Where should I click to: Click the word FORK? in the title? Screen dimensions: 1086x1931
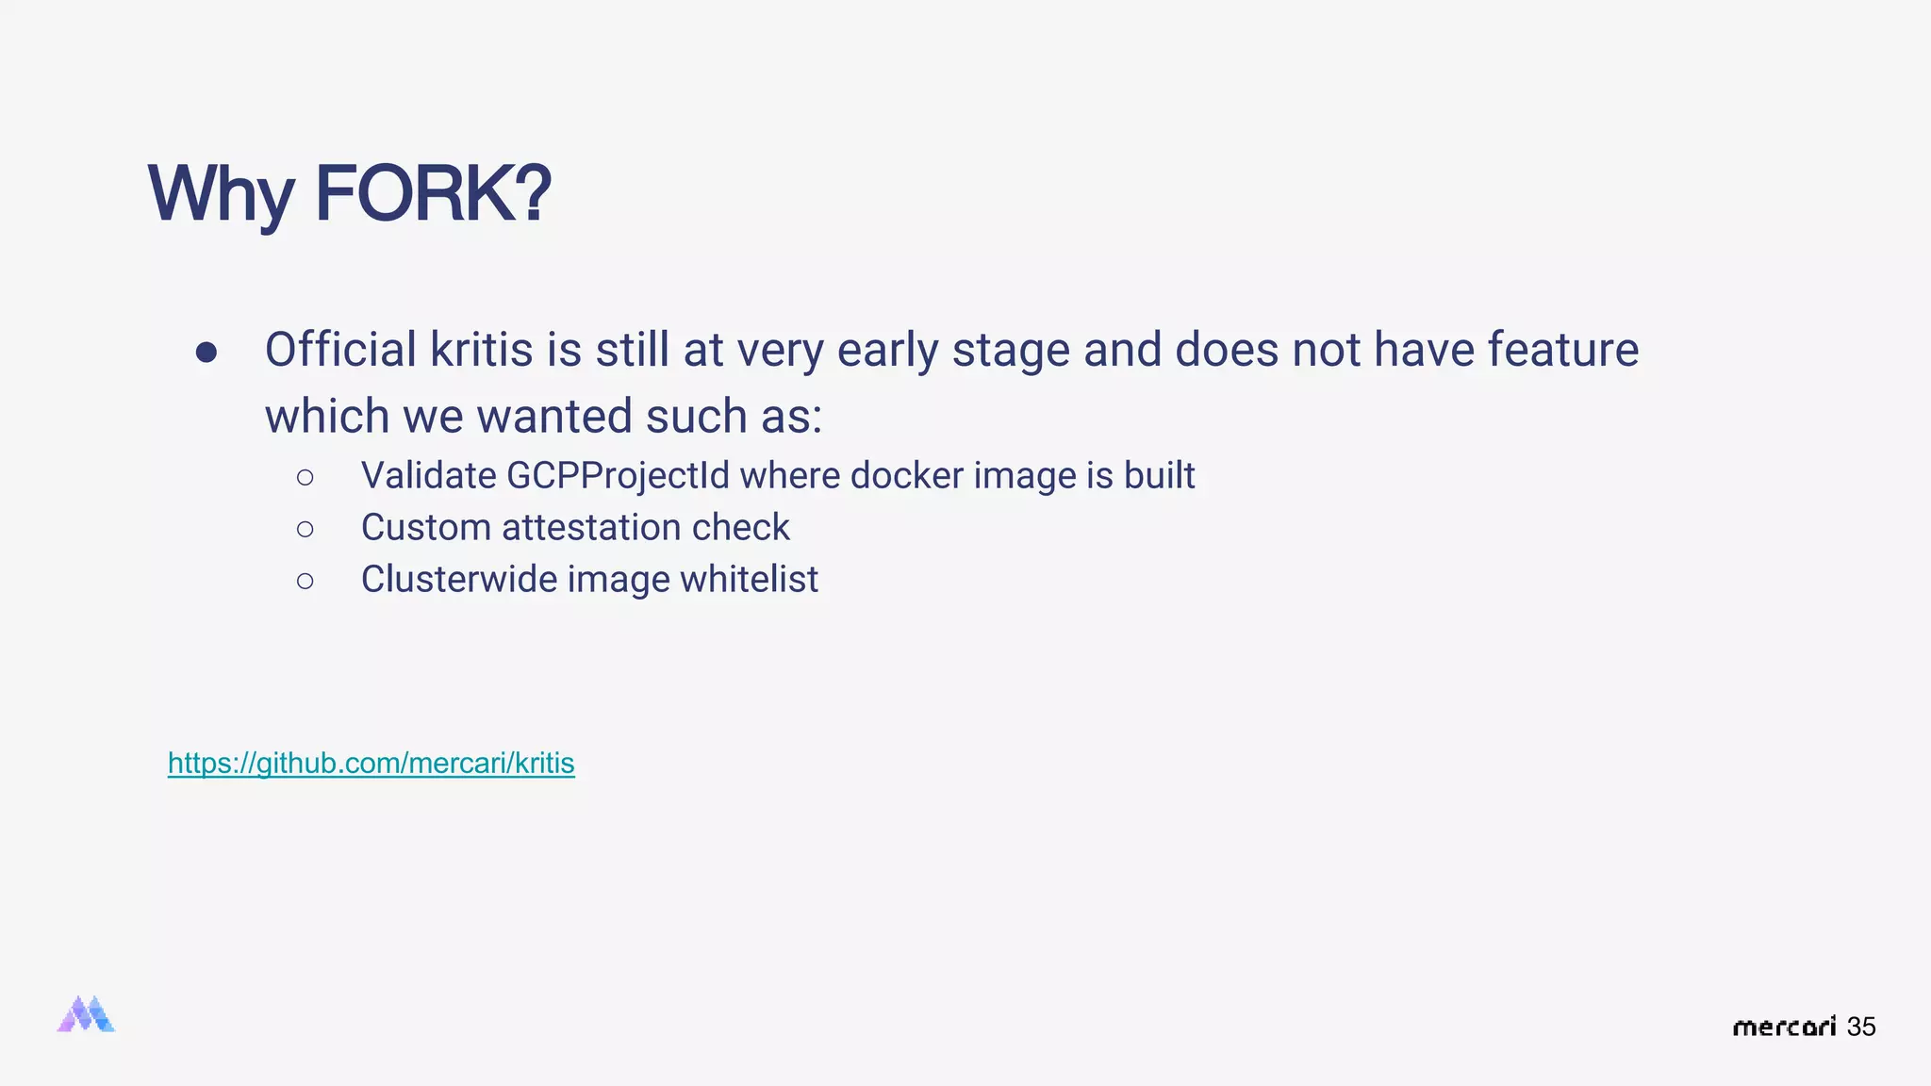click(433, 194)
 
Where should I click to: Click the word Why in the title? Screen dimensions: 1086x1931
click(221, 194)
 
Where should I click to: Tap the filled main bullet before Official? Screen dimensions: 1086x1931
click(206, 353)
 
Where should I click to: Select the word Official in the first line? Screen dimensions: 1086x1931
click(340, 350)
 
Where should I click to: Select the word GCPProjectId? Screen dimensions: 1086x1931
click(618, 476)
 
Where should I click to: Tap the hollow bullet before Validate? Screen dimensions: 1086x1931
click(305, 478)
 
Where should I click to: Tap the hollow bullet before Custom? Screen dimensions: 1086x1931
click(305, 530)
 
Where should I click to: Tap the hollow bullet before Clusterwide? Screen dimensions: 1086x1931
click(305, 582)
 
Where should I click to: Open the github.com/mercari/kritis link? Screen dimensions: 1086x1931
click(371, 763)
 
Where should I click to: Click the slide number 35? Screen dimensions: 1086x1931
click(1861, 1027)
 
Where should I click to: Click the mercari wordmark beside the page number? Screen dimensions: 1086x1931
click(1784, 1027)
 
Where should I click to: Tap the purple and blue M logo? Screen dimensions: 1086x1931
click(86, 1014)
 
